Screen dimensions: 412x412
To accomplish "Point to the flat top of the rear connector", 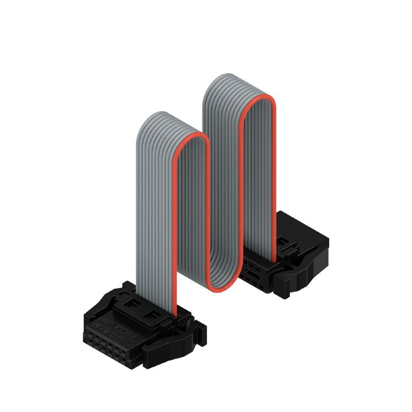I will [x=304, y=229].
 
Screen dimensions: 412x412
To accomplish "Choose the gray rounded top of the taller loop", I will [x=227, y=82].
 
